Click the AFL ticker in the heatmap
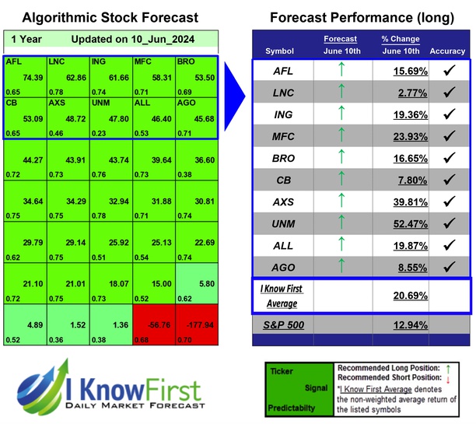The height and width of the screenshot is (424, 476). [13, 60]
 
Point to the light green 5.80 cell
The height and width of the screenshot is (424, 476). [196, 285]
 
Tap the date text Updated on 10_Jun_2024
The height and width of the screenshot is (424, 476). [133, 39]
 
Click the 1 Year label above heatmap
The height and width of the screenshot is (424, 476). [26, 39]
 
